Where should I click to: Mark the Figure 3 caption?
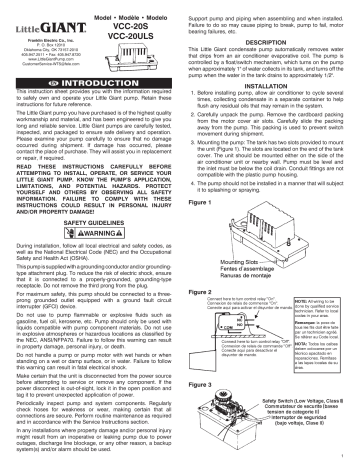click(x=201, y=381)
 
